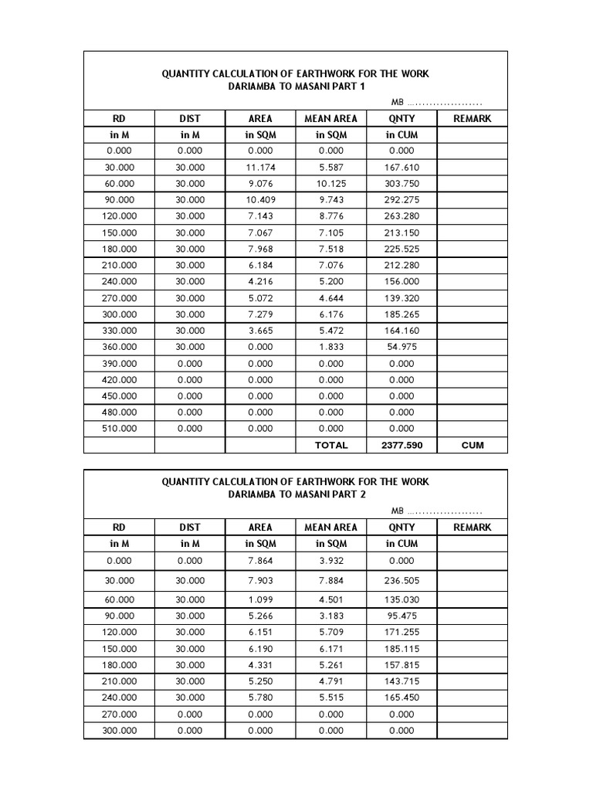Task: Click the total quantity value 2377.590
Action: tap(402, 445)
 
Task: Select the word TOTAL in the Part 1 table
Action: tap(331, 445)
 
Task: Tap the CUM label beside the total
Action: tap(472, 445)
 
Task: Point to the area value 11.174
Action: tap(260, 168)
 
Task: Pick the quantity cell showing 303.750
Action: tap(402, 184)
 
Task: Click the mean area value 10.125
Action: tap(331, 184)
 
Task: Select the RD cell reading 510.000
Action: tap(119, 428)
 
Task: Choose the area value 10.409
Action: tap(260, 200)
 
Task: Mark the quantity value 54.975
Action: tap(402, 347)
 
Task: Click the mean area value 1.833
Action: tap(331, 347)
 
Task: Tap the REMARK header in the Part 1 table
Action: tap(472, 118)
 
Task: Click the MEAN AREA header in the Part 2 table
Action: tap(331, 527)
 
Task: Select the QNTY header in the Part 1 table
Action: tap(402, 118)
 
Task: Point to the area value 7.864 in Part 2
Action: tap(260, 560)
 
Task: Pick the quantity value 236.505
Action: tap(402, 581)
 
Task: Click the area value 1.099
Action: tap(260, 599)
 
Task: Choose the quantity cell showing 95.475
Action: tap(402, 616)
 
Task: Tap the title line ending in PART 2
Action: tap(296, 494)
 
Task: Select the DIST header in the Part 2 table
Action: tap(190, 527)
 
